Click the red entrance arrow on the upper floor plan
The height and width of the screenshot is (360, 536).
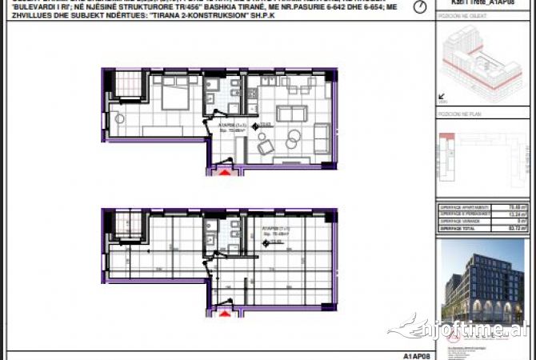225,170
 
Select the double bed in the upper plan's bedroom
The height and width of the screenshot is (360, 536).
174,98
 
